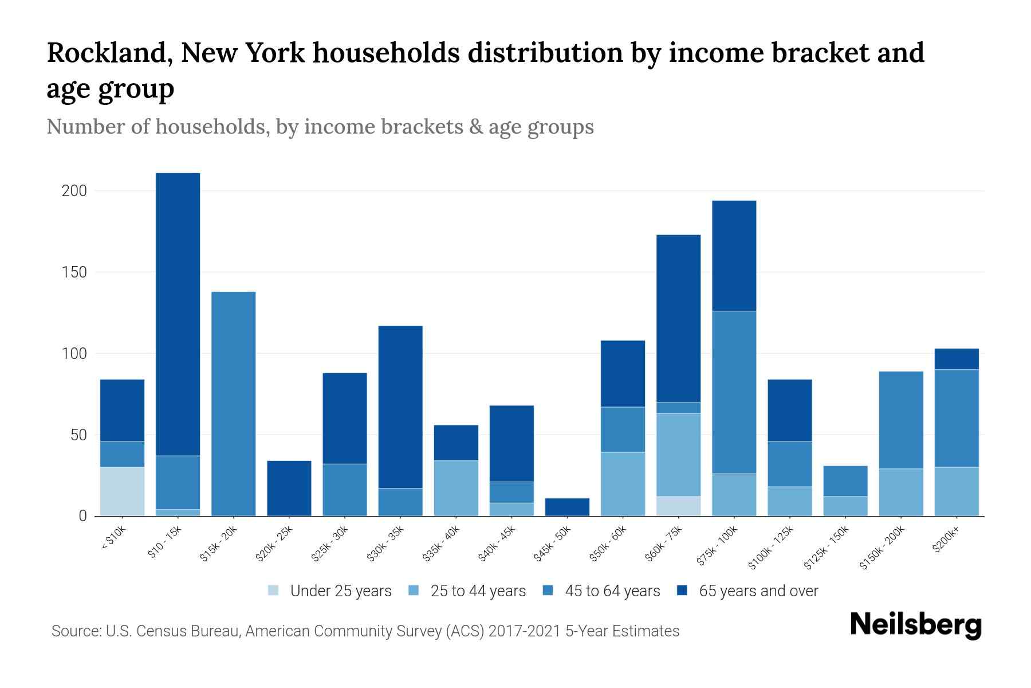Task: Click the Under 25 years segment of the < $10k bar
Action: click(x=122, y=491)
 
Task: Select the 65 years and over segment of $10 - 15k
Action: click(x=178, y=314)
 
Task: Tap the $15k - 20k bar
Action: click(x=233, y=404)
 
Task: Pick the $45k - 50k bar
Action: click(x=567, y=507)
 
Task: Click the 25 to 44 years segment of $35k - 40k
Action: click(x=456, y=488)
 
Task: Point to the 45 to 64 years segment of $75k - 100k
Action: click(x=734, y=392)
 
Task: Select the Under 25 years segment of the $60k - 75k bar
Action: click(x=678, y=506)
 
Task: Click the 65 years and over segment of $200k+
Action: click(x=956, y=359)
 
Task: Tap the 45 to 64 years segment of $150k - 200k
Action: click(x=900, y=420)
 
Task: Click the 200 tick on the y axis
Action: click(x=74, y=191)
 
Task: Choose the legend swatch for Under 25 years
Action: click(x=274, y=591)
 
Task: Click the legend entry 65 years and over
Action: click(x=758, y=591)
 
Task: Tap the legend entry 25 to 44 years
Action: click(x=478, y=591)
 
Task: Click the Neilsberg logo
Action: click(x=915, y=624)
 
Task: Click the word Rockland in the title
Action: click(x=108, y=53)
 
